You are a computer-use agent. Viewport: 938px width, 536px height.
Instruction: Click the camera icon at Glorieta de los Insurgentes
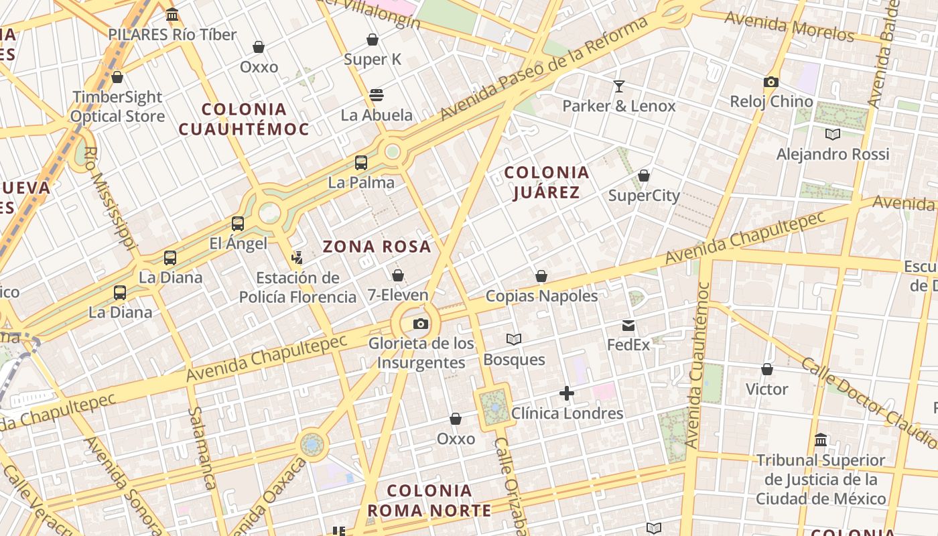[420, 324]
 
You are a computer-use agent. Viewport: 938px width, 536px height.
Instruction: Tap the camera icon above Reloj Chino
[771, 82]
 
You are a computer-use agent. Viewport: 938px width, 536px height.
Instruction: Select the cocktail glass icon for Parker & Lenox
[618, 86]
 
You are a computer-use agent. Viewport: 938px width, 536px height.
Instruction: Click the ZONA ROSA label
[377, 247]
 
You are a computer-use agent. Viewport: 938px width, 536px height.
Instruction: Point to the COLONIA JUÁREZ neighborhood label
[547, 182]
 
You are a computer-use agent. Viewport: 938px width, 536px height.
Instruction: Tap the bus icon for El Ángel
[238, 224]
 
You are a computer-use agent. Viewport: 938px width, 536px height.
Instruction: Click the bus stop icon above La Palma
[361, 163]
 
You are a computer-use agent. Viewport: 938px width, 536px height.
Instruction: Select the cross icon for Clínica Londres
[567, 393]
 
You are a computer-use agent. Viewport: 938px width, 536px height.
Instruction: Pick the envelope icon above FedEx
[628, 326]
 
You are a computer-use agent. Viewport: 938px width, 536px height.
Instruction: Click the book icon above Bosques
[514, 340]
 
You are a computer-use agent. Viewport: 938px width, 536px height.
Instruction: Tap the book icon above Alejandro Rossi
[832, 134]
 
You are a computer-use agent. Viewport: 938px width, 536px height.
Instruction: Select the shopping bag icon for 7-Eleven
[398, 275]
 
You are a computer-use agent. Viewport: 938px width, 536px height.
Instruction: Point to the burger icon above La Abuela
[377, 94]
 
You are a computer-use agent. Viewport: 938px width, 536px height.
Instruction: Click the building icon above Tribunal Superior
[821, 440]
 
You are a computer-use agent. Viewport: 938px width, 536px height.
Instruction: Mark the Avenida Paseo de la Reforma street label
[543, 70]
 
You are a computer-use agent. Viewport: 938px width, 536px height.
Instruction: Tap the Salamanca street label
[201, 448]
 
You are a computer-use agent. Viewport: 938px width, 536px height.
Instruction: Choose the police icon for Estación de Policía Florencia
[297, 257]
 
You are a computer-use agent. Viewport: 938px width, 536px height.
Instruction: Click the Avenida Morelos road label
[789, 27]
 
